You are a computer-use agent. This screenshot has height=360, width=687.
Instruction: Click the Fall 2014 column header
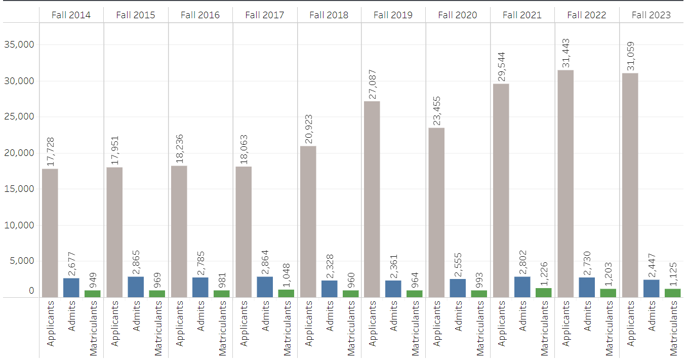[x=71, y=15]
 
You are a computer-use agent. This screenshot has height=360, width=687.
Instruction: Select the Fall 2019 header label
[x=393, y=15]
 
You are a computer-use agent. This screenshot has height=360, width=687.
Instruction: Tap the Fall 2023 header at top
[x=651, y=15]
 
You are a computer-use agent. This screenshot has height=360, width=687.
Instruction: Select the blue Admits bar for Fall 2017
[x=265, y=287]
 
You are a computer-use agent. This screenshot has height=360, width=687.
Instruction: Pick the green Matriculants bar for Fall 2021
[x=544, y=293]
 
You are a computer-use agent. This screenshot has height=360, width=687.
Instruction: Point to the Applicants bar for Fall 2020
[x=437, y=212]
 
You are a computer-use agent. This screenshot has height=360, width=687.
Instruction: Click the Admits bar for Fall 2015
[x=136, y=287]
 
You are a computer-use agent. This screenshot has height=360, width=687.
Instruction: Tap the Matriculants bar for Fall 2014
[x=93, y=294]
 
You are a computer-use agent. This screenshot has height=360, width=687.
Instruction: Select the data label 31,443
[x=565, y=53]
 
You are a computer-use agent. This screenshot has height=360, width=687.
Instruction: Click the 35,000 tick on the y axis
[x=19, y=45]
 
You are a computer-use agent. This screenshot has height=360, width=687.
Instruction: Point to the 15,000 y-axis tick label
[x=19, y=189]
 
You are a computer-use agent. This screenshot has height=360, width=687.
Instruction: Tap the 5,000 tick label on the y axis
[x=21, y=261]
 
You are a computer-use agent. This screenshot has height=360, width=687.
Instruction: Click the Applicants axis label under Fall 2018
[x=308, y=324]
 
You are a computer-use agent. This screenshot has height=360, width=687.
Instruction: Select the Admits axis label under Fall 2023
[x=652, y=316]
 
